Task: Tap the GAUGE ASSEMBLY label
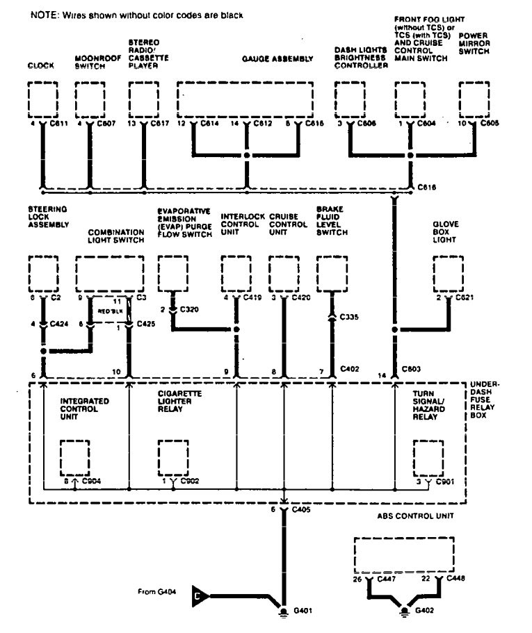click(x=277, y=60)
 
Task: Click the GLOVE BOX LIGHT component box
click(x=448, y=273)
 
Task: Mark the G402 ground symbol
click(x=405, y=612)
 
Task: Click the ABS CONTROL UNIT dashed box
click(x=404, y=554)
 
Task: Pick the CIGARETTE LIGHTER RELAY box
click(x=172, y=457)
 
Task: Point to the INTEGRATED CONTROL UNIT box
click(x=74, y=457)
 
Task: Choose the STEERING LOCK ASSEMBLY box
click(x=43, y=273)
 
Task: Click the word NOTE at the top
click(x=43, y=15)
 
